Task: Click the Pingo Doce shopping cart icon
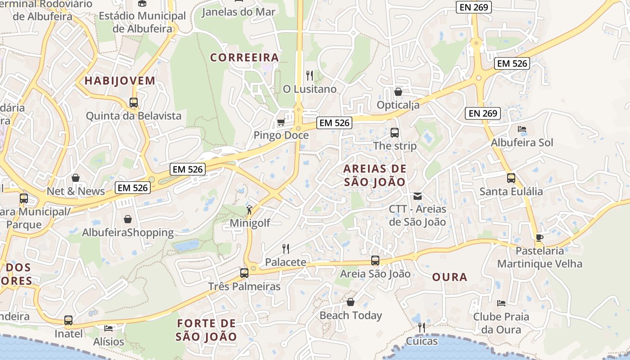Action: click(281, 122)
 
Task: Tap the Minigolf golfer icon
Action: click(249, 210)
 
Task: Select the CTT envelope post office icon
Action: click(418, 196)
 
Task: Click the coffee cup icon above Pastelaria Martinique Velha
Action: click(540, 238)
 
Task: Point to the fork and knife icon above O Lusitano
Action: click(310, 75)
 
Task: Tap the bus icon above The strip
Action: click(395, 133)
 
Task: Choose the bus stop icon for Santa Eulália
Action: click(511, 178)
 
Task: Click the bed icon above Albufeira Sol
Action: click(522, 130)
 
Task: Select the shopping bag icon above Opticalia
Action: click(398, 92)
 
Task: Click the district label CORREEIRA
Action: click(245, 58)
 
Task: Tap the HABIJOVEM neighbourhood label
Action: click(120, 81)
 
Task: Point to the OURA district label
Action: click(450, 277)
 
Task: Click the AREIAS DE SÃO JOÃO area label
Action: click(375, 175)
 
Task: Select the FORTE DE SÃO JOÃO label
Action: click(207, 330)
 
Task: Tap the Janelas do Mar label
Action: click(238, 12)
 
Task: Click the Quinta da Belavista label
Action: click(134, 116)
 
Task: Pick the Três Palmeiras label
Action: click(244, 286)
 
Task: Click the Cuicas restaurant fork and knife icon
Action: click(422, 328)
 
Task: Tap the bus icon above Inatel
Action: click(68, 320)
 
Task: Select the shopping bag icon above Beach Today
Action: click(351, 302)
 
